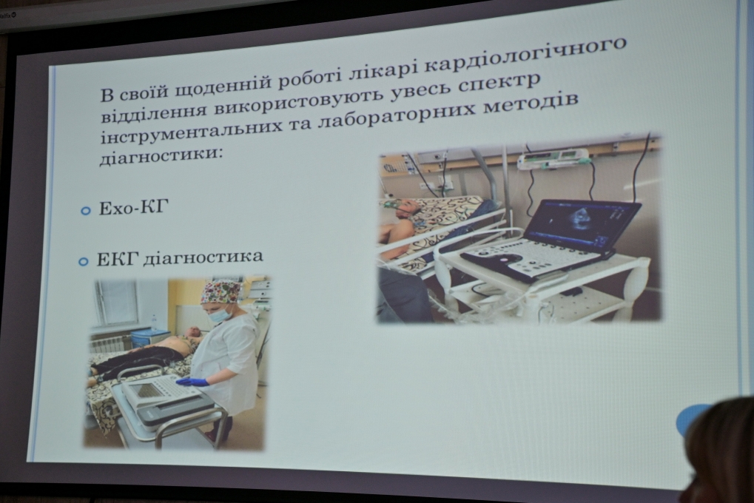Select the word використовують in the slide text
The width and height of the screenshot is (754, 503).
coord(302,101)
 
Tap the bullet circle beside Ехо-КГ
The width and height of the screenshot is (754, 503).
coord(86,210)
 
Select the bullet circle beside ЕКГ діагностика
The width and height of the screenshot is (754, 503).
coord(83,261)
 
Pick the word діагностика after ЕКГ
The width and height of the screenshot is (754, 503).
coord(203,257)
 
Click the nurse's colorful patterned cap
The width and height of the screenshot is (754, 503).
coord(221,291)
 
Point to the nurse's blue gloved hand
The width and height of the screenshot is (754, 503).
coord(193,382)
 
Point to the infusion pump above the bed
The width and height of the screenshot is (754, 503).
coord(553,158)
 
